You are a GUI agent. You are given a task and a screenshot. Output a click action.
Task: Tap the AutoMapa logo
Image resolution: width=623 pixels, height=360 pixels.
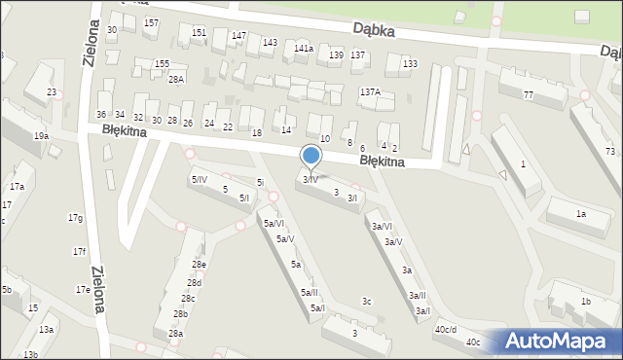tap(561, 341)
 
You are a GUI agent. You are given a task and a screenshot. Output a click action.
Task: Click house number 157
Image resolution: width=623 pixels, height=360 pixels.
tap(151, 22)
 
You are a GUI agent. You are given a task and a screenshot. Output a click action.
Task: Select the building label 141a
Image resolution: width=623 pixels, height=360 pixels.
tap(304, 48)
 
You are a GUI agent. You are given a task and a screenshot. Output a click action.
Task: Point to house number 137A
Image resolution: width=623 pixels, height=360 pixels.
tap(370, 91)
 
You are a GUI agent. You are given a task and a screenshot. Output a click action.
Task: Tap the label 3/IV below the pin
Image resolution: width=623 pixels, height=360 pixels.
tap(311, 180)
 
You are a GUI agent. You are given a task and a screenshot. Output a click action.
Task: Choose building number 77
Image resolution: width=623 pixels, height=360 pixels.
tap(529, 94)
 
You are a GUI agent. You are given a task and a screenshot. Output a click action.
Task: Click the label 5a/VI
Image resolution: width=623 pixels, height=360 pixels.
tap(274, 224)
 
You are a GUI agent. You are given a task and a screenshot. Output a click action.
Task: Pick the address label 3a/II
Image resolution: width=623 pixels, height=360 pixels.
tap(417, 295)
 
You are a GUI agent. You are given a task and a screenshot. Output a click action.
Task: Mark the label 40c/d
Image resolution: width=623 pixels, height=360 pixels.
tap(446, 329)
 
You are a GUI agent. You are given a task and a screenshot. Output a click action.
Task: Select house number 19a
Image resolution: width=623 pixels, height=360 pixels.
tap(41, 136)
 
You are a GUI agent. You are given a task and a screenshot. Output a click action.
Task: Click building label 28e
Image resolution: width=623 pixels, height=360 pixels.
tap(199, 265)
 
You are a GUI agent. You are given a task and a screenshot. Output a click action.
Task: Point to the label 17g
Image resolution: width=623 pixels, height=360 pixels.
tap(75, 217)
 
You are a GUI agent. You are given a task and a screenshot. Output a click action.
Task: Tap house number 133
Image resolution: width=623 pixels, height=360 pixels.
tap(410, 63)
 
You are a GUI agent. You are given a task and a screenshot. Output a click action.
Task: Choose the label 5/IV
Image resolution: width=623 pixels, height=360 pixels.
tap(199, 179)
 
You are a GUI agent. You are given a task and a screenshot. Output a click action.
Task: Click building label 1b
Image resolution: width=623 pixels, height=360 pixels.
tap(586, 302)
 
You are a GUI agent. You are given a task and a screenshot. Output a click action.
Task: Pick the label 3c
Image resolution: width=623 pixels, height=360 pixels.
tap(366, 302)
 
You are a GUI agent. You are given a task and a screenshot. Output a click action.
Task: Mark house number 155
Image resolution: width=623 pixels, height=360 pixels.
tap(162, 63)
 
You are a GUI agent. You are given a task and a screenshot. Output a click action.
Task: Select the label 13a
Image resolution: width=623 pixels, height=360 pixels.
tap(46, 330)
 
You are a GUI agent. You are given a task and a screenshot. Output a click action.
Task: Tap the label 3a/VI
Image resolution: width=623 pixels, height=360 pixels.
tap(382, 226)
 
